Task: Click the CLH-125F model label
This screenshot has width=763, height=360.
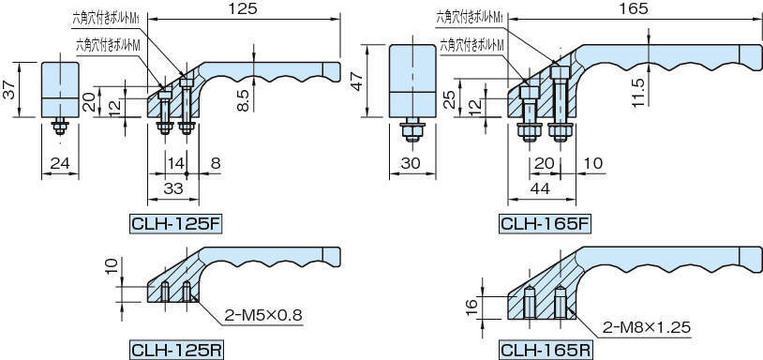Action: coord(172,224)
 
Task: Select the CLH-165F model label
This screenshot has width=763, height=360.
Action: coord(545,224)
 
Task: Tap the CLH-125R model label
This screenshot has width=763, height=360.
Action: coord(172,351)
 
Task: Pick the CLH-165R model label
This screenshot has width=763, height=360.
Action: coord(545,351)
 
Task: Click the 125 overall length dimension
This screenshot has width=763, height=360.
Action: coord(244,8)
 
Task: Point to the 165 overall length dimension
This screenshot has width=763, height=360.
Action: coord(634,8)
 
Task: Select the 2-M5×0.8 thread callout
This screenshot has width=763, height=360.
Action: coord(263,316)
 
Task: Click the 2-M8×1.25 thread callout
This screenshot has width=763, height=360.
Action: coord(646,327)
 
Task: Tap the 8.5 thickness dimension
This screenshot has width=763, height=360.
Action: coord(245,99)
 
